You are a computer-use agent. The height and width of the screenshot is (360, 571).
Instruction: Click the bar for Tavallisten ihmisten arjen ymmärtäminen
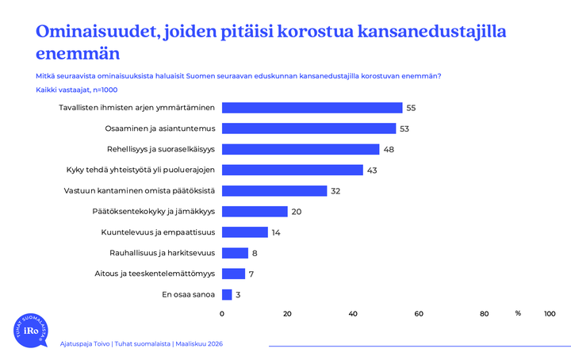312,108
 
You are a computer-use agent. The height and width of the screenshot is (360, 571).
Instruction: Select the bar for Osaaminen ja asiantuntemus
308,128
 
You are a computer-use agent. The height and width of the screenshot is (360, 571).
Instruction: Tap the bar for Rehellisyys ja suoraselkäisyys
301,149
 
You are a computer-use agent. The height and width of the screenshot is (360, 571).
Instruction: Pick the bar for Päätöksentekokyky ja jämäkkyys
255,212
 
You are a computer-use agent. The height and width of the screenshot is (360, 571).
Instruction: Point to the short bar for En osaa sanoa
227,295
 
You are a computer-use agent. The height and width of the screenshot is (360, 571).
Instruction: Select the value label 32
336,191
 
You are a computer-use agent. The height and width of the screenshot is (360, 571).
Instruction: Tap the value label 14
277,232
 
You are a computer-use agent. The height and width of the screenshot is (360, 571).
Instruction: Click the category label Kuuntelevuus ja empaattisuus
159,232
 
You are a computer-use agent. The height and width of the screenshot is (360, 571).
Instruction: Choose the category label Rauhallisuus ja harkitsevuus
162,253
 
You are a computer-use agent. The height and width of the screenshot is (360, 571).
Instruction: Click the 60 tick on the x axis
419,313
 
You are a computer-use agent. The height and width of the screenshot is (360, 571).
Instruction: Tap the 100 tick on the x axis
550,313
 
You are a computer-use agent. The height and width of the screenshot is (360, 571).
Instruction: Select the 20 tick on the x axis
287,313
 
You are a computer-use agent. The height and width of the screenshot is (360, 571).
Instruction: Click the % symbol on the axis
518,313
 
